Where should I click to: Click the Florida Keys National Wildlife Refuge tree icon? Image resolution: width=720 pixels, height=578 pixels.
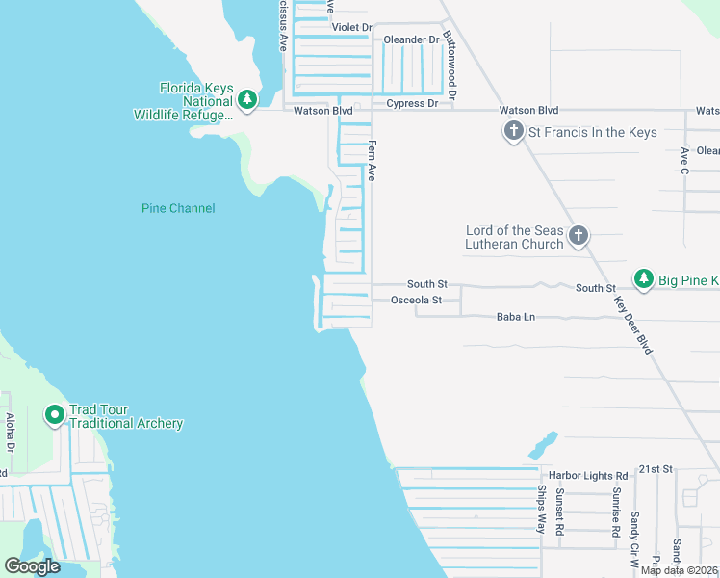pos(247,99)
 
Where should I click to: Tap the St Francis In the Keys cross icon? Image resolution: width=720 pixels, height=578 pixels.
pos(513,132)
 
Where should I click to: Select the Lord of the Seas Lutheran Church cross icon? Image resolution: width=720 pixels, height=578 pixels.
pos(579,235)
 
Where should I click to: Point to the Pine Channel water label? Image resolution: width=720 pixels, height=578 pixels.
pos(178,208)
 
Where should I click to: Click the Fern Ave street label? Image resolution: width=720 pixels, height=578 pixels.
pos(372,160)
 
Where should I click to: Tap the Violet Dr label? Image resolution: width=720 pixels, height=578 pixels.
pos(351,27)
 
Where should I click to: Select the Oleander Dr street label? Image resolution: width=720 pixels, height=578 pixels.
pos(411,39)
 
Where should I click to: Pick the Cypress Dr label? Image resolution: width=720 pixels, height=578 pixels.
pos(412,103)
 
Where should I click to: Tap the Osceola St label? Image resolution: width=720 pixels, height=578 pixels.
pos(416,301)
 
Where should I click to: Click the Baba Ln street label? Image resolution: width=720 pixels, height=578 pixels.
pos(515,317)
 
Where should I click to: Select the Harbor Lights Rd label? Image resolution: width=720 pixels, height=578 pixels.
pos(588,476)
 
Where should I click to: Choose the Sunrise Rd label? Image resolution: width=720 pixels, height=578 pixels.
pos(613,511)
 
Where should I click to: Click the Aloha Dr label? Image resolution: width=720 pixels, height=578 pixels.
pos(11,433)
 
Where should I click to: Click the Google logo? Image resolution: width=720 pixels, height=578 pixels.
pos(32,566)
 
